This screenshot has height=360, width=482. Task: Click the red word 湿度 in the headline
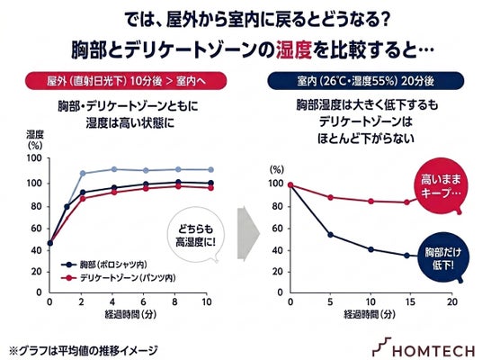pos(294,50)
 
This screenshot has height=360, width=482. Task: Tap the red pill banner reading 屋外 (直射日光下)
pos(126,81)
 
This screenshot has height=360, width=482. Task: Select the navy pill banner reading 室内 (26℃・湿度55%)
pos(365,81)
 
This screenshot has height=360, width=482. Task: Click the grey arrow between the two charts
pos(248,233)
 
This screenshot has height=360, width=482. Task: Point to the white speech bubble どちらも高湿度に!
pos(196,235)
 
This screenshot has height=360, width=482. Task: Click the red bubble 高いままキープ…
pos(442,185)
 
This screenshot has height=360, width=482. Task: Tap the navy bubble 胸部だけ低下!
pos(443,257)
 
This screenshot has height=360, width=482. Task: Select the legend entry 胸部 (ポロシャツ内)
pos(104,265)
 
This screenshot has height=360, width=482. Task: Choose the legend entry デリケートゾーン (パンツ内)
pos(119,278)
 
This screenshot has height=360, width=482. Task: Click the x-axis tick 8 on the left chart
pos(174,301)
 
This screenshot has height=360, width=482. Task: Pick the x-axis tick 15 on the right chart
pos(410,301)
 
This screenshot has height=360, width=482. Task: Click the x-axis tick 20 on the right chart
pos(451,301)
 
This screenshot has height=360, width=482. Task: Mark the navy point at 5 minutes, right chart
pos(330,235)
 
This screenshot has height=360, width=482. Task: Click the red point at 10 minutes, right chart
pos(370,202)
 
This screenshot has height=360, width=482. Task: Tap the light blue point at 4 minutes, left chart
pos(113,169)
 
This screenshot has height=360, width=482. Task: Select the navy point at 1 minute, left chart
pos(67,207)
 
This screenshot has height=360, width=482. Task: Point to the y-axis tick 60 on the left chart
pos(36,229)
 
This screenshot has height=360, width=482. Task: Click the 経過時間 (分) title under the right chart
pos(370,314)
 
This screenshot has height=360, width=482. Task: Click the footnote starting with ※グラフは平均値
pos(84,350)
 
